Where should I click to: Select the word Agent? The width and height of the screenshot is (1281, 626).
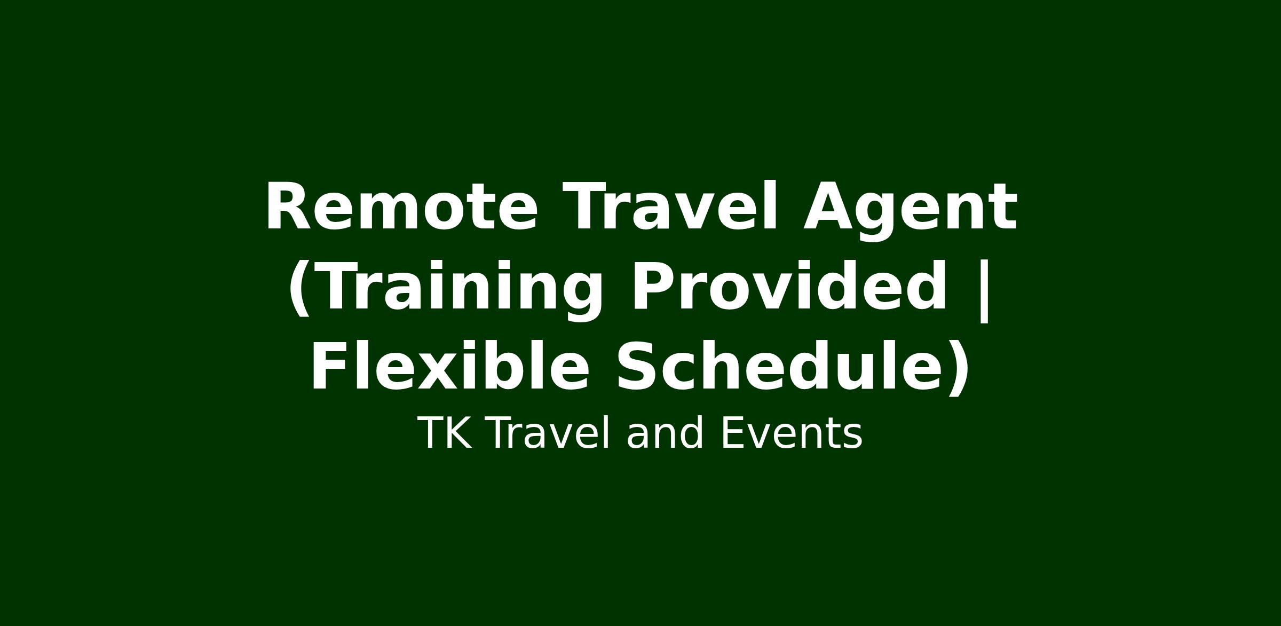pyautogui.click(x=910, y=211)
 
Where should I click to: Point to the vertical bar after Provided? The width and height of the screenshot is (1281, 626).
pyautogui.click(x=983, y=291)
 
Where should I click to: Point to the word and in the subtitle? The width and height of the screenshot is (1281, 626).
pyautogui.click(x=665, y=433)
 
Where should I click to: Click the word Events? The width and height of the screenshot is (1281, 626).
pyautogui.click(x=792, y=434)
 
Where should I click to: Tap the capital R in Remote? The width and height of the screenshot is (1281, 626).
pyautogui.click(x=289, y=207)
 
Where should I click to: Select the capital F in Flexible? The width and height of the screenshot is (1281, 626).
pyautogui.click(x=330, y=367)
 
